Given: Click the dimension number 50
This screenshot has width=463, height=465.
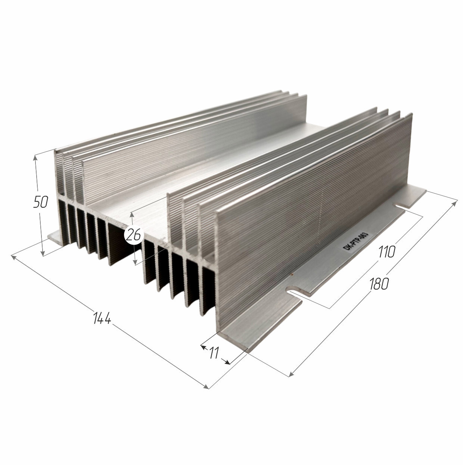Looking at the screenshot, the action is point(41,202).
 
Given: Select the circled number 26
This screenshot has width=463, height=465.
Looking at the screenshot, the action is point(134,235).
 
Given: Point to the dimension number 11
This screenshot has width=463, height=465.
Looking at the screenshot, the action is point(213,353).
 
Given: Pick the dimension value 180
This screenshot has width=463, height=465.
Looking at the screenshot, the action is point(379,283).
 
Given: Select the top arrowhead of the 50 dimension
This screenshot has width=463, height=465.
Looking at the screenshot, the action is point(35,158).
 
